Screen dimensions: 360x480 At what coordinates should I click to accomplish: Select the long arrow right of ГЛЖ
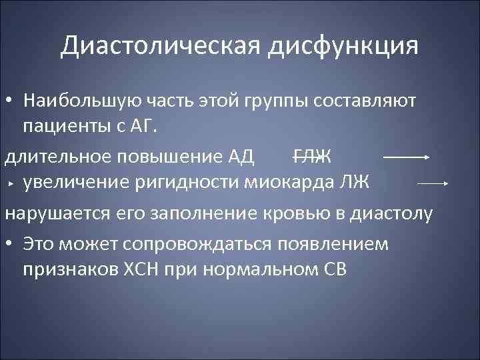[406, 158]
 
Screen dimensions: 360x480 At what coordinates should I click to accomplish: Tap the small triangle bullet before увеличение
[11, 182]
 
